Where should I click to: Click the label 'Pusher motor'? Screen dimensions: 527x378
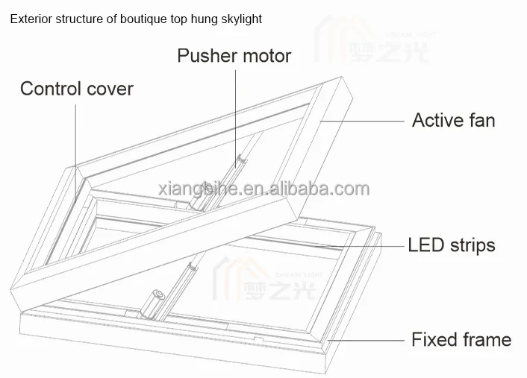[x=233, y=56]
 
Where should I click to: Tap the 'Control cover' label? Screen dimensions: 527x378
[x=76, y=89]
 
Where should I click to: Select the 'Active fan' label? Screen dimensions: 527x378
[x=453, y=120]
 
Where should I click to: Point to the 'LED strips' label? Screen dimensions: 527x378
[x=451, y=245]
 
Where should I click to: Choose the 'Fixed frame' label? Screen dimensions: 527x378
[x=461, y=340]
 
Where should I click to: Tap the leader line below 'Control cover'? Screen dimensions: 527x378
[x=75, y=134]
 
